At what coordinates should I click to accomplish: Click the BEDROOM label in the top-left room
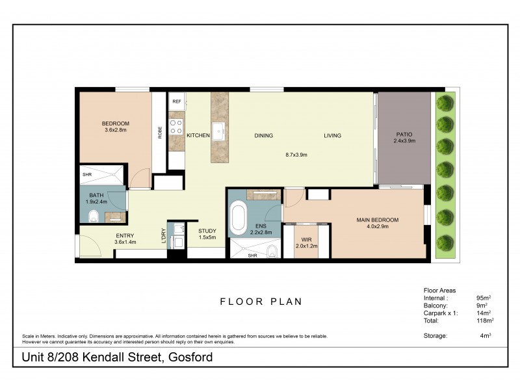point(116,123)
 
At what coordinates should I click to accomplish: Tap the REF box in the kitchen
point(176,101)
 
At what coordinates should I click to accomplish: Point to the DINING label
point(263,136)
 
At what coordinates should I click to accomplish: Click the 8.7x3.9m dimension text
point(296,155)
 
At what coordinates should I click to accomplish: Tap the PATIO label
point(404,135)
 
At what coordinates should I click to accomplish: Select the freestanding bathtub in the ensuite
point(237,217)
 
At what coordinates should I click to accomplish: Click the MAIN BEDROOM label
point(377,220)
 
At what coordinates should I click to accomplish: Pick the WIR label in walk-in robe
point(304,239)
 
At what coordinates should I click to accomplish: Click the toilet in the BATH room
point(92,216)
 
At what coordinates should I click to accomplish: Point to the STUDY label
point(207,231)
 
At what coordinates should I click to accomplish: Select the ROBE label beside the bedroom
point(159,131)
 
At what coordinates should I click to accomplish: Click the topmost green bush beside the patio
point(445,103)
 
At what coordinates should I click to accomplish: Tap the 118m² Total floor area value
point(485,320)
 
